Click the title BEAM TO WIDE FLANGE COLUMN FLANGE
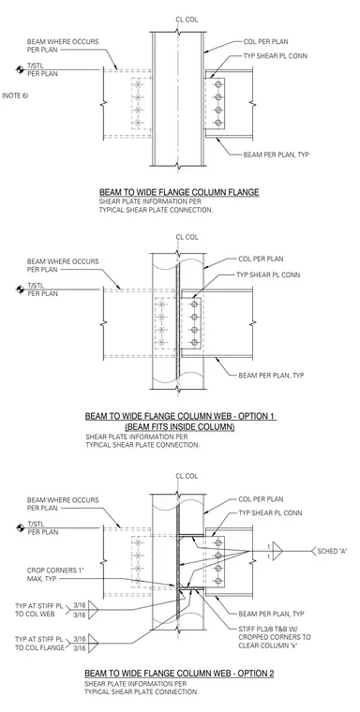(x=179, y=193)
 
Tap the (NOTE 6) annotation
(x=15, y=96)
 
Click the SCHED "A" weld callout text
(x=332, y=551)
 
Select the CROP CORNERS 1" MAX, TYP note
(x=51, y=574)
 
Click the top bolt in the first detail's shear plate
(x=218, y=85)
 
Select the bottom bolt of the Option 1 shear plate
(x=195, y=343)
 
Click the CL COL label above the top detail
(x=187, y=20)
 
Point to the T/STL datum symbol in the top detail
(x=20, y=69)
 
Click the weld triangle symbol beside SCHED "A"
(x=277, y=551)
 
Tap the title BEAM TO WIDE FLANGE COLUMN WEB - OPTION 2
(x=179, y=673)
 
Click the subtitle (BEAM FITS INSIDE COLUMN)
(x=180, y=427)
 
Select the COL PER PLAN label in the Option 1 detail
(x=261, y=259)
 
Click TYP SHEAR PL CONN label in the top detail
(x=276, y=56)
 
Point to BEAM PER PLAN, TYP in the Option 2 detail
(x=271, y=614)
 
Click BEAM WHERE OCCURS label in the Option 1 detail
(x=63, y=261)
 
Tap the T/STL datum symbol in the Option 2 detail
(x=20, y=527)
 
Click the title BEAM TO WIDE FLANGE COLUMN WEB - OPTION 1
(x=180, y=416)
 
